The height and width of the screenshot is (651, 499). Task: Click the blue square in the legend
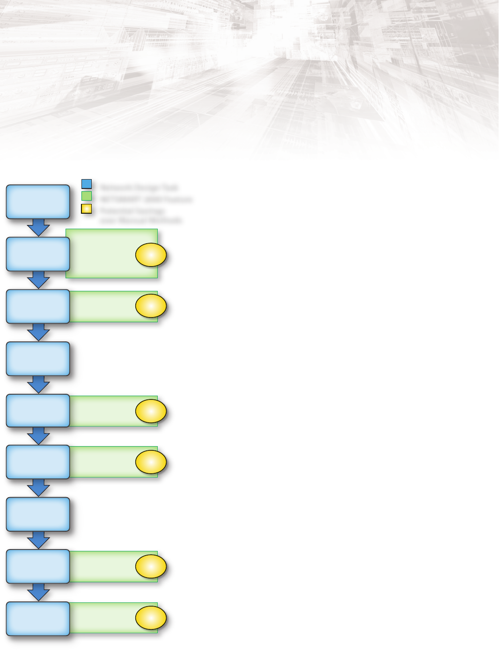(87, 184)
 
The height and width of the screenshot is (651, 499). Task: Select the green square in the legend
(87, 196)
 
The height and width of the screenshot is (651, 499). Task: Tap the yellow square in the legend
(87, 209)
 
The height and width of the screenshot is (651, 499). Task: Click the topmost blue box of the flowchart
(38, 202)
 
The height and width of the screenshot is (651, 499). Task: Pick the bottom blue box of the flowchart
(38, 618)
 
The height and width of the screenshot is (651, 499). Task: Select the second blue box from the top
(38, 254)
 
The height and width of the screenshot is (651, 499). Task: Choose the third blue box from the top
(38, 306)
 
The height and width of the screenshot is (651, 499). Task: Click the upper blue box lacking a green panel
(38, 359)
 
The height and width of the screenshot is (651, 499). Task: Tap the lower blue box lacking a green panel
(38, 514)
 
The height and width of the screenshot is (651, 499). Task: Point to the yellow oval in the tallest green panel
(151, 255)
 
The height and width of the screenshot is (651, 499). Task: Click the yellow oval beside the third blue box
(151, 306)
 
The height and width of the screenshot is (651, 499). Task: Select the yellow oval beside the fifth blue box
(151, 412)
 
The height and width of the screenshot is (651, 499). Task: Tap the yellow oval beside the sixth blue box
(151, 462)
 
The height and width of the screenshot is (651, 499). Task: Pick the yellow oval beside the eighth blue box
(151, 567)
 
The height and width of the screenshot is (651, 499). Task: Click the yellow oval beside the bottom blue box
(151, 618)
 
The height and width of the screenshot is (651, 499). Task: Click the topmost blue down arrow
(38, 228)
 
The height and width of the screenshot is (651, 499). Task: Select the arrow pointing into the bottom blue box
(38, 592)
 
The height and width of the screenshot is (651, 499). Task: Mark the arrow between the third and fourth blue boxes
(38, 333)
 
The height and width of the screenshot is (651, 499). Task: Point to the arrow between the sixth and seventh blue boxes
(38, 488)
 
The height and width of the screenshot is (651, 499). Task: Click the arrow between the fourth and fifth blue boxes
(38, 385)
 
